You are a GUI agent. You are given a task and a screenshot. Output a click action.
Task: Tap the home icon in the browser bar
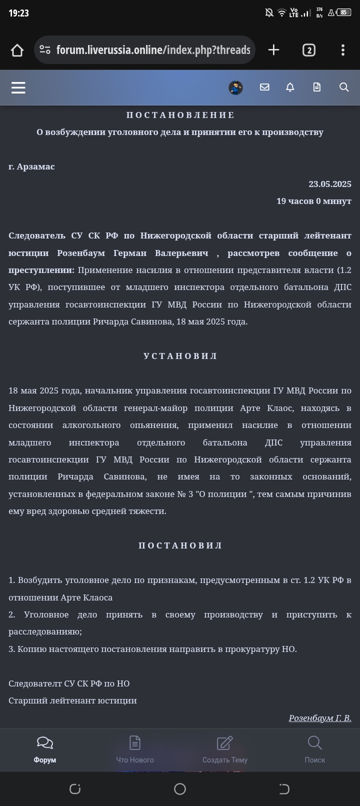(17, 50)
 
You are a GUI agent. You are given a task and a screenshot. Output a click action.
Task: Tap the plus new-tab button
(273, 50)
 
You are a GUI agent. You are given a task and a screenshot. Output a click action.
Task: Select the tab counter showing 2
(308, 50)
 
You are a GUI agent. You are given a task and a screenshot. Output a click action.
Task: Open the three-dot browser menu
(342, 50)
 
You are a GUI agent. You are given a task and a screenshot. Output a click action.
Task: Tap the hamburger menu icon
(18, 87)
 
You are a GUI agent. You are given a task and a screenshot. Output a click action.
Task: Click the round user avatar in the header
(235, 87)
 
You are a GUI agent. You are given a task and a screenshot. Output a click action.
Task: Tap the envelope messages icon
(264, 87)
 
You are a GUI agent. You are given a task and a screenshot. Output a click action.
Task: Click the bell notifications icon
(290, 87)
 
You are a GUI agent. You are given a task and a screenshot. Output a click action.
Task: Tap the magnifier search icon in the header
(344, 87)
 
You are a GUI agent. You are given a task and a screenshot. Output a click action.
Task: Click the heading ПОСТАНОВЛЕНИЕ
(180, 115)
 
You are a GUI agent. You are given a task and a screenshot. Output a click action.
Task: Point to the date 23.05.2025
(329, 184)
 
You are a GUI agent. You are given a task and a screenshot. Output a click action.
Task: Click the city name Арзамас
(35, 166)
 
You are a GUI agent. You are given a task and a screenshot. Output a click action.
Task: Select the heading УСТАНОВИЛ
(180, 356)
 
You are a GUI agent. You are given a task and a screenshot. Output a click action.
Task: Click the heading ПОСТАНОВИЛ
(180, 545)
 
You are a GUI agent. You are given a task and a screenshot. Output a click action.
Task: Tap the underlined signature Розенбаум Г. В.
(320, 718)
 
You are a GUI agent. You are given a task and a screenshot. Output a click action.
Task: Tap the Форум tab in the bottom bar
(45, 749)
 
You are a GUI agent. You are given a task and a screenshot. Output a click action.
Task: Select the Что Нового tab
(135, 749)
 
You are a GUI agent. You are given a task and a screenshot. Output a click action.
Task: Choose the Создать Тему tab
(225, 749)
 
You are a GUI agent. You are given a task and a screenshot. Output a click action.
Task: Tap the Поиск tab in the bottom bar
(315, 749)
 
